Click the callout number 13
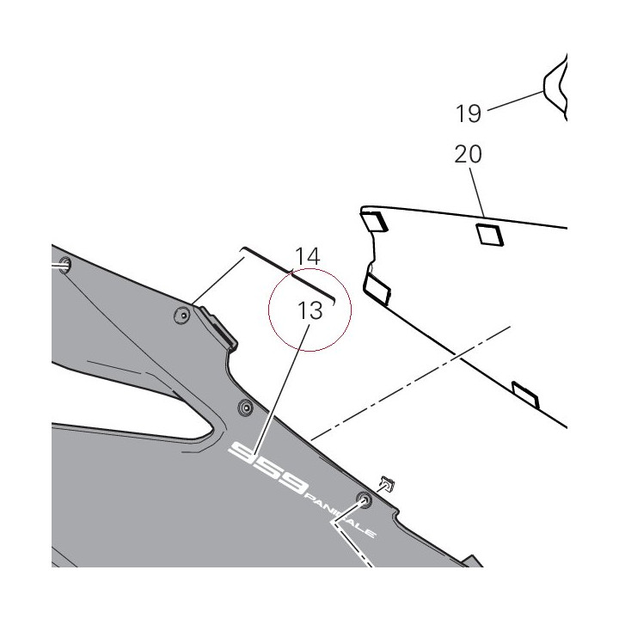tap(309, 310)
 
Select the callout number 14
tap(307, 256)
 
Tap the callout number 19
tap(469, 113)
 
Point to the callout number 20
tap(468, 154)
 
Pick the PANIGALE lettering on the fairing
tap(340, 516)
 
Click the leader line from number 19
tap(516, 101)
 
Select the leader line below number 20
tap(477, 193)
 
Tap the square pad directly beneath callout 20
tap(490, 235)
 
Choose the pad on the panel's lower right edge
tap(525, 395)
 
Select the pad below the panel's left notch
tap(377, 290)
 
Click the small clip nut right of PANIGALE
tap(387, 483)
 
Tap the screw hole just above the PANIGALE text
tap(364, 499)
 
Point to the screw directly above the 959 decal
tap(246, 407)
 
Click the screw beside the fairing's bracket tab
tap(182, 316)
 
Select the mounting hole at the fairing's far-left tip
tap(64, 265)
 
